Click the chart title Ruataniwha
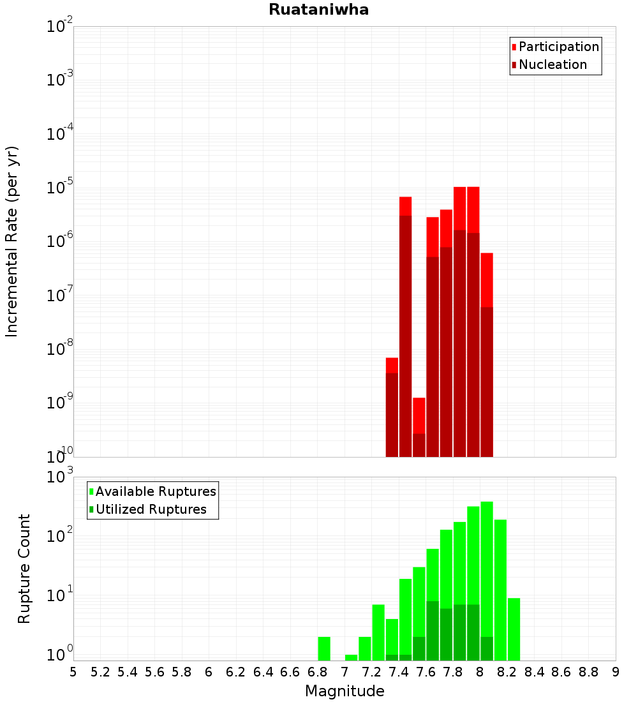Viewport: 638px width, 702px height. click(318, 10)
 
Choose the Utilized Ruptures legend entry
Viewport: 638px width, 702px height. click(151, 509)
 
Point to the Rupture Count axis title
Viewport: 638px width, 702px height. click(24, 568)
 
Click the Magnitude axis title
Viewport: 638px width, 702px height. click(345, 691)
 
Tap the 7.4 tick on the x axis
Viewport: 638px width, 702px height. click(399, 672)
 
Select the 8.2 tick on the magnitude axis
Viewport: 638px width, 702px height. click(507, 672)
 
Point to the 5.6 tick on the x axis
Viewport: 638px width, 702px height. click(154, 672)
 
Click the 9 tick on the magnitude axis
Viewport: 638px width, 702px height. click(615, 672)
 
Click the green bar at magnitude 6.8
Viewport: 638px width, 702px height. click(324, 648)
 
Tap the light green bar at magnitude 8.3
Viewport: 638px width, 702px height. click(514, 629)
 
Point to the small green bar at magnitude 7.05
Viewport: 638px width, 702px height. click(351, 657)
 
